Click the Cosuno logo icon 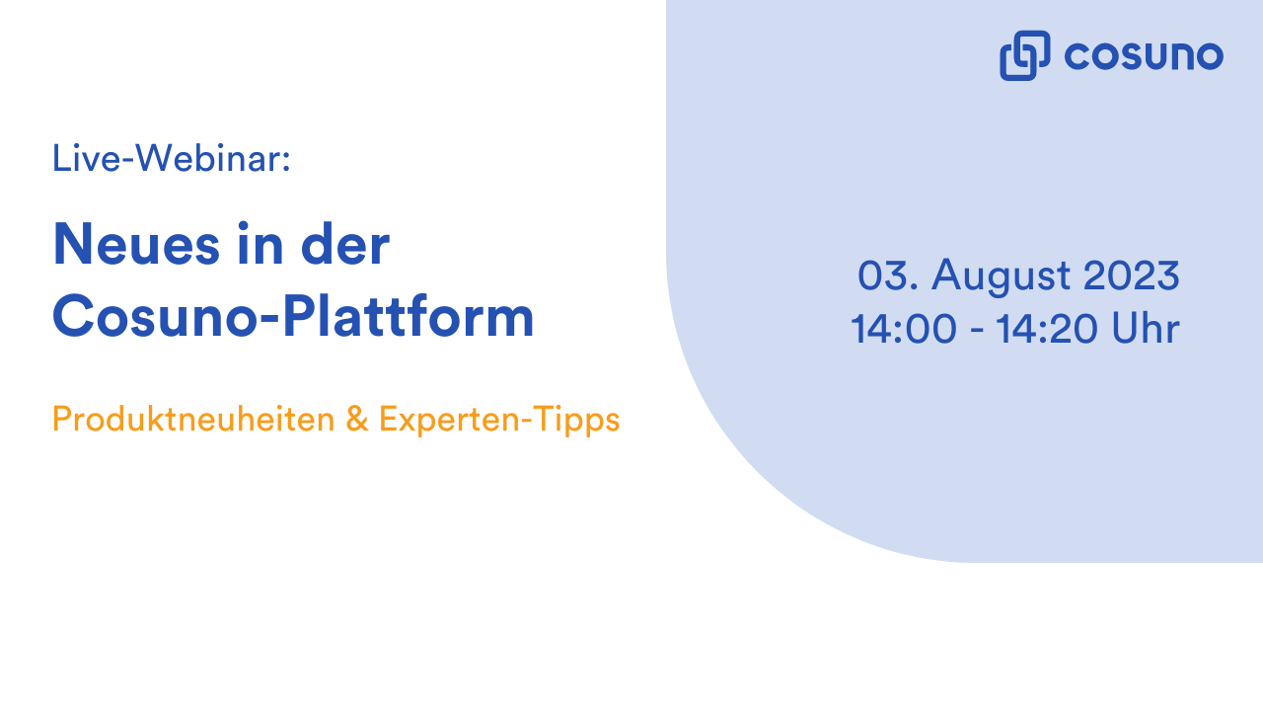[x=1024, y=55]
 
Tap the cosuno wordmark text [x=1144, y=55]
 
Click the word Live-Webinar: [x=171, y=158]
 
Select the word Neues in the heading [x=135, y=245]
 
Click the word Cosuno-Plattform [x=293, y=317]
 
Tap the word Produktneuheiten [x=193, y=420]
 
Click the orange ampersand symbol [x=356, y=420]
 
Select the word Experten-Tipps [x=499, y=420]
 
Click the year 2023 [x=1132, y=276]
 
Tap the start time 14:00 [x=904, y=329]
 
